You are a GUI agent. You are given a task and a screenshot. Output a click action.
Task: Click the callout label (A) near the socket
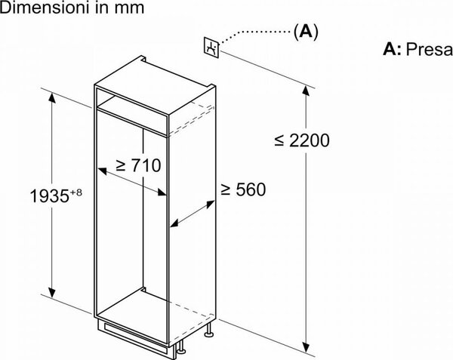point(306,32)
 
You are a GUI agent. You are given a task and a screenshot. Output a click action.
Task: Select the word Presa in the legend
point(429,49)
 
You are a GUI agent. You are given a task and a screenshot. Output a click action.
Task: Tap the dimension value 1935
point(49,196)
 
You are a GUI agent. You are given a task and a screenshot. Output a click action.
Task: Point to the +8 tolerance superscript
point(75,192)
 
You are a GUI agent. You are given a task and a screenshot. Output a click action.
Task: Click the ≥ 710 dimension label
point(138,165)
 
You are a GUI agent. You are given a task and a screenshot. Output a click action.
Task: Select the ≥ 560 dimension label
point(243,189)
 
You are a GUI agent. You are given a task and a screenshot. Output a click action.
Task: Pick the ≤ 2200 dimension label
point(302,140)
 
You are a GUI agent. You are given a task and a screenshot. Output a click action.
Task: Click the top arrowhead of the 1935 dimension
point(51,97)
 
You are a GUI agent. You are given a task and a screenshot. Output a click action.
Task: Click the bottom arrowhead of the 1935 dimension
point(52,292)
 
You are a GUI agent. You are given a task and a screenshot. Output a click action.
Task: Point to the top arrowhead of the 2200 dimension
point(306,91)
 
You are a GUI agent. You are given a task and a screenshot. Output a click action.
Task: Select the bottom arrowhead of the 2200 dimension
point(306,347)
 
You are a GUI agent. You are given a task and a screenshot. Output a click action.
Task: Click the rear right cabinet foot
point(208,330)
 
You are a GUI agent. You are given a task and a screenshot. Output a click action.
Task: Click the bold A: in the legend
point(392,49)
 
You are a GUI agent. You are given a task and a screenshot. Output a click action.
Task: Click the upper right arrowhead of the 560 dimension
point(211,204)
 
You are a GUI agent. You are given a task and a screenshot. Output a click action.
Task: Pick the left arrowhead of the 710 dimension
point(102,171)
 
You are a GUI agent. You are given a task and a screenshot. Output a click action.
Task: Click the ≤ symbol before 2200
point(279,140)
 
